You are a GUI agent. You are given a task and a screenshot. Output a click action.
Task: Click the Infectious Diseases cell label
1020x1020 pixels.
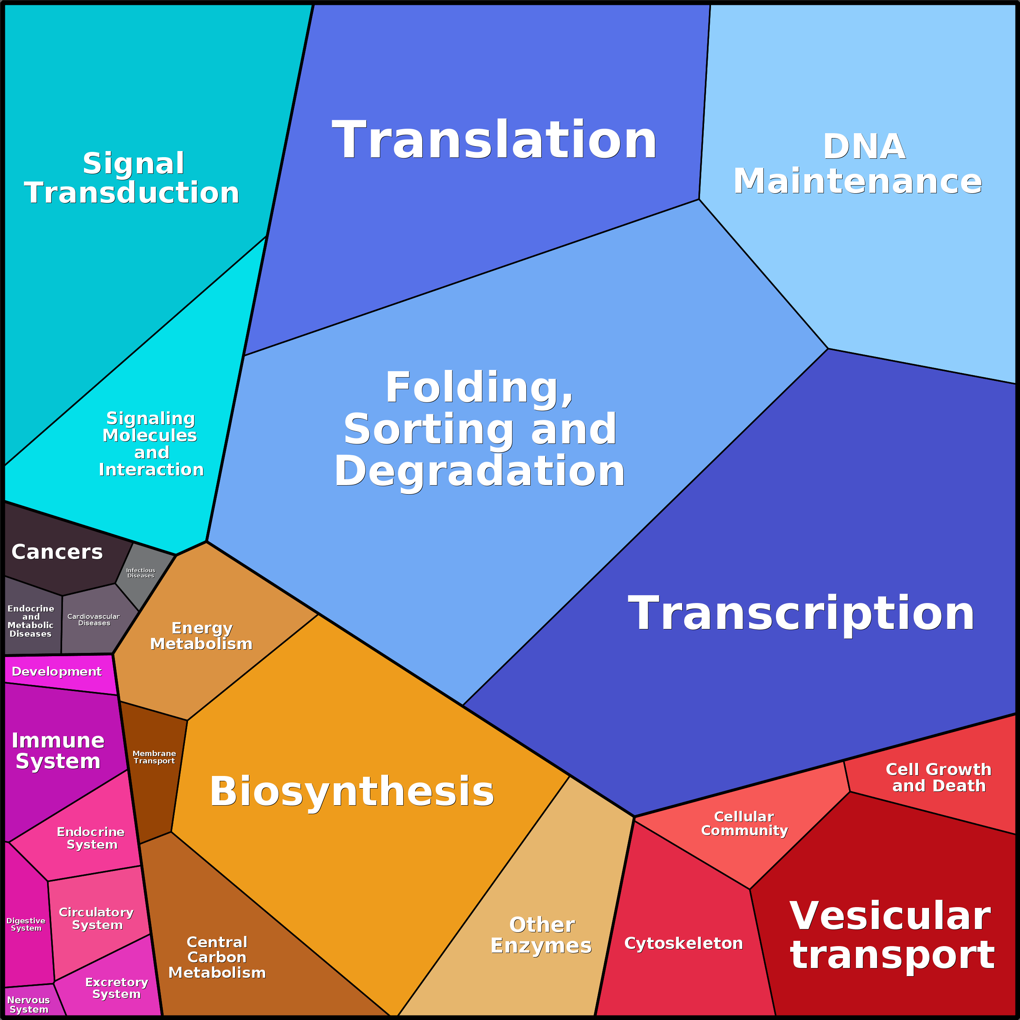(x=140, y=573)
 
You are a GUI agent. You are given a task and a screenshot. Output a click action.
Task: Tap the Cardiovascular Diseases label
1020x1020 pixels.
(x=93, y=619)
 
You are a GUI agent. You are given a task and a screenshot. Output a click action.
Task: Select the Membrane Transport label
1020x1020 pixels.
(x=154, y=756)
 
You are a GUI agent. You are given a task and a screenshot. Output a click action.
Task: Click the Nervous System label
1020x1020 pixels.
(x=28, y=1004)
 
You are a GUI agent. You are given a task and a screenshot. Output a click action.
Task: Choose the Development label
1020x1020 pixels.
(x=56, y=672)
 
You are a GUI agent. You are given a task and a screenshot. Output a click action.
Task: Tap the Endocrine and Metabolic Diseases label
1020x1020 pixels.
(x=30, y=621)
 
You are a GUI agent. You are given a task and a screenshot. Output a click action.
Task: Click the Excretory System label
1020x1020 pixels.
(x=117, y=988)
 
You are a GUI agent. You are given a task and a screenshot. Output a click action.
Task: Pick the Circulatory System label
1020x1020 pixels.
(x=96, y=918)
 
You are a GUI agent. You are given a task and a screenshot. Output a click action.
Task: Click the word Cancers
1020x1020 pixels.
(x=57, y=552)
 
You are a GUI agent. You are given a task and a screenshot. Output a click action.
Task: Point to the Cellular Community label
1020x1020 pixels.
(x=744, y=823)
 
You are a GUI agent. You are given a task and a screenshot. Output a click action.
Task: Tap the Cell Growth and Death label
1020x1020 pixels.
(x=938, y=777)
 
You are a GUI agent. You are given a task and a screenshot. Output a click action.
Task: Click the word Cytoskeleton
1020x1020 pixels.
(x=683, y=943)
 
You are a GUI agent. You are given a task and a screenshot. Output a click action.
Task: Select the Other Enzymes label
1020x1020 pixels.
(x=541, y=935)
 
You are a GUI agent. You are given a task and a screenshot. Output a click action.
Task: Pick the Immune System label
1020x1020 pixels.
(x=58, y=750)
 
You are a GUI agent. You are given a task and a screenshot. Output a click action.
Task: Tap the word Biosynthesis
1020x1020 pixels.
(x=352, y=791)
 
